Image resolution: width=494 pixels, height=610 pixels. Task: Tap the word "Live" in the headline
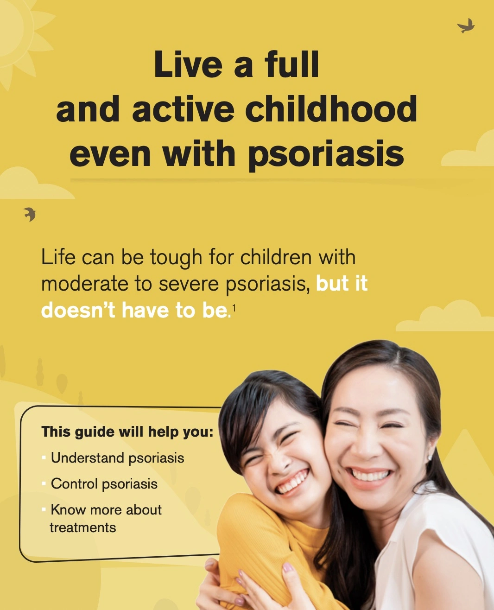[188, 64]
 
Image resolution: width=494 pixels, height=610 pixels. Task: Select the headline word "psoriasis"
[326, 154]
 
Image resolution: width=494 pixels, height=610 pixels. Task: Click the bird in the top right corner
[466, 26]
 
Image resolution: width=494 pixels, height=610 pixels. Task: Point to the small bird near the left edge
[30, 214]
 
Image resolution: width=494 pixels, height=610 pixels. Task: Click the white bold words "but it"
[342, 284]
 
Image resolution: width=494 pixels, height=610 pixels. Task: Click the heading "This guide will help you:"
[127, 432]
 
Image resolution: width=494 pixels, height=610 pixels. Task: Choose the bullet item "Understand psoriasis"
[117, 458]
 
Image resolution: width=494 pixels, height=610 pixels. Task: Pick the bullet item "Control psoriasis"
[104, 484]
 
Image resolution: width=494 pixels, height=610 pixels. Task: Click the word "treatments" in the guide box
[83, 527]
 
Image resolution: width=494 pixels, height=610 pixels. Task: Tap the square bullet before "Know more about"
[44, 509]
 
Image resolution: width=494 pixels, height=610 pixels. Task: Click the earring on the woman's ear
[430, 458]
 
